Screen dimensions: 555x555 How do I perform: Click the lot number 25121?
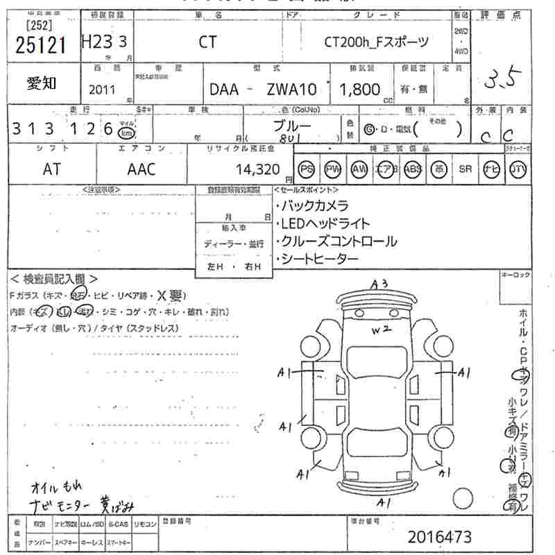point(40,44)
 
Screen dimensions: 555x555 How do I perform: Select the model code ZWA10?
point(291,89)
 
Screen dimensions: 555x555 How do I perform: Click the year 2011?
point(103,89)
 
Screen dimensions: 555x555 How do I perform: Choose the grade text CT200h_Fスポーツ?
point(377,42)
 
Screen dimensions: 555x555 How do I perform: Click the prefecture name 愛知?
point(42,83)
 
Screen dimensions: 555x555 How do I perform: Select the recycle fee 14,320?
point(257,169)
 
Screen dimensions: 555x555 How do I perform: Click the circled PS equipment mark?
point(307,169)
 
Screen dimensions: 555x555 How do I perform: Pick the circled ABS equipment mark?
point(413,169)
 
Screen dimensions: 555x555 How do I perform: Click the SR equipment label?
point(465,169)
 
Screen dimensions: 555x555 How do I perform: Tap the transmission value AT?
point(52,169)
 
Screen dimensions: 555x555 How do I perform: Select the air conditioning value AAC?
point(142,169)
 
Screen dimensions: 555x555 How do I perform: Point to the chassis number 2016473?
point(439,536)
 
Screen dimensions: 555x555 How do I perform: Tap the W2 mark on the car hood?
point(377,330)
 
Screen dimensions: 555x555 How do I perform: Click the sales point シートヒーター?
point(320,259)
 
